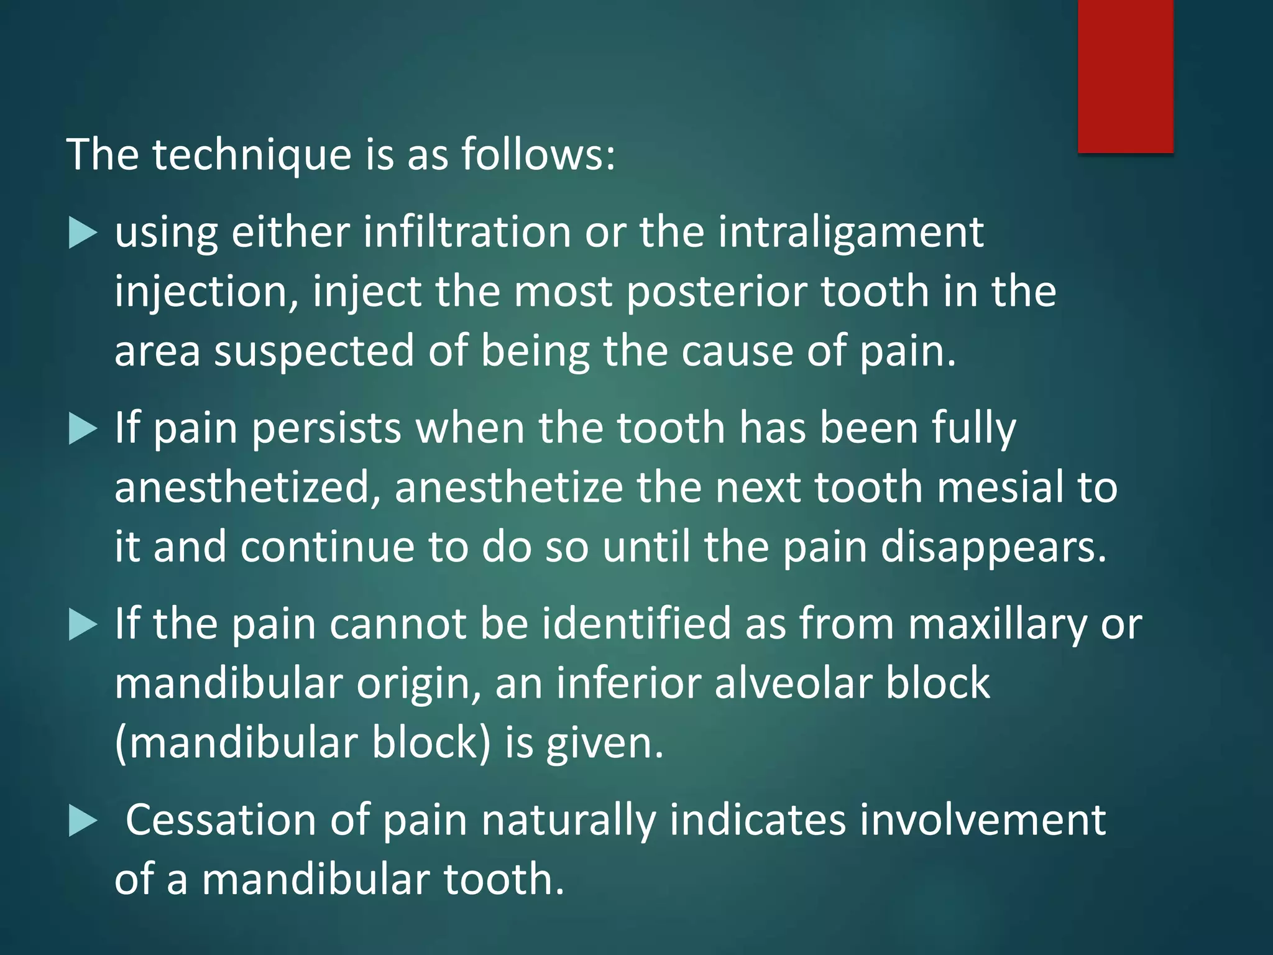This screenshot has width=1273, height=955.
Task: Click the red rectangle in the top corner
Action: (1125, 76)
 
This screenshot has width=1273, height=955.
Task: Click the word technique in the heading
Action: (252, 154)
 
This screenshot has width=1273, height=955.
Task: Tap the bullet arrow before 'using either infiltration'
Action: (83, 234)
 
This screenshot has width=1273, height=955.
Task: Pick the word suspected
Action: (314, 351)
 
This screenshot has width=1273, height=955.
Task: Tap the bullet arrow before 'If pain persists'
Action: (83, 430)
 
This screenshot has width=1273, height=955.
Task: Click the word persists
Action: (327, 429)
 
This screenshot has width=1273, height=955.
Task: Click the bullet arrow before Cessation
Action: (83, 821)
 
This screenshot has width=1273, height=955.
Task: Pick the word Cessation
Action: (221, 820)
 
